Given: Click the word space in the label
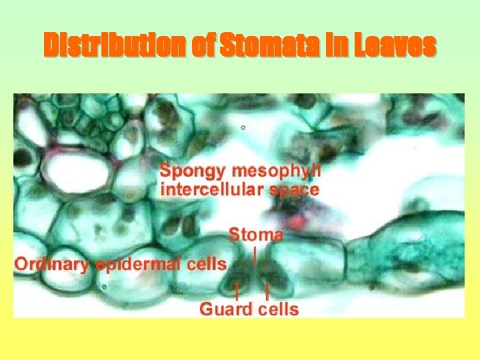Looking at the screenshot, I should point(293,189).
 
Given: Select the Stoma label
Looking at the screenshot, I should point(256,235).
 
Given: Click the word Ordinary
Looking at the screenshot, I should point(52,264).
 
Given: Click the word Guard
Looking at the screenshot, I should point(225,309).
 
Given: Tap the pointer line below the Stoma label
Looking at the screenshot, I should point(255,253).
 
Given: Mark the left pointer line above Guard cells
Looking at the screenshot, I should point(237,289).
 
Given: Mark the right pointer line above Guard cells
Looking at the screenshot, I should point(267,289).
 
